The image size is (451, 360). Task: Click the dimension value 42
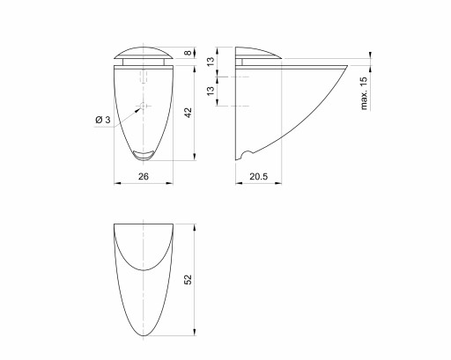coord(189,113)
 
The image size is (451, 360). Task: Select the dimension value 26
coord(144,176)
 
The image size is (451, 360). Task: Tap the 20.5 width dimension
coord(259,176)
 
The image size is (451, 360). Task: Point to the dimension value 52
coord(188,279)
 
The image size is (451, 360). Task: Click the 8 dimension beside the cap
coord(188,53)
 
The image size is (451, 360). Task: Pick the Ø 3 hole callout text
coord(103,120)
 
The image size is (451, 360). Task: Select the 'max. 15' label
coord(364,93)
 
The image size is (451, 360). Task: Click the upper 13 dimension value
coord(211,62)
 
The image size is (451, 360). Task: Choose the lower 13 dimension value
coord(211,91)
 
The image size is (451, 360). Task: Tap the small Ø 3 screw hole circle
coord(143,106)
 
